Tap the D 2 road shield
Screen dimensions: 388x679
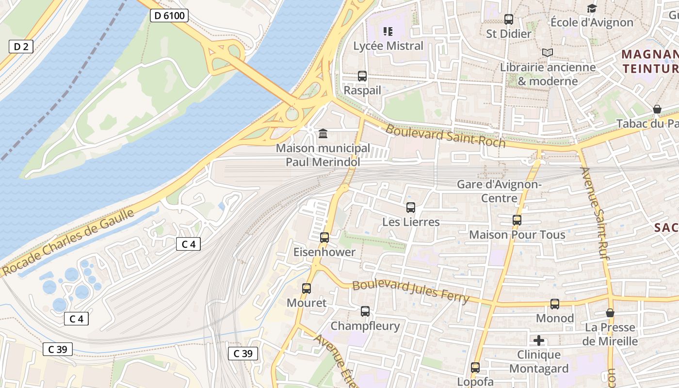21,47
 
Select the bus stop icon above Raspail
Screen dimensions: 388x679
362,76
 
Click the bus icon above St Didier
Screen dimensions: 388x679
509,19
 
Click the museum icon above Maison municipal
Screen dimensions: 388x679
323,133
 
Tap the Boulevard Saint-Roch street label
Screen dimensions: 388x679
445,136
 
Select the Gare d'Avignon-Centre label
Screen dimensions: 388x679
499,191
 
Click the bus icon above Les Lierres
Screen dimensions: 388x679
411,208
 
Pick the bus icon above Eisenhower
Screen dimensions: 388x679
324,238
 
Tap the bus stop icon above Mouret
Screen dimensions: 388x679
307,289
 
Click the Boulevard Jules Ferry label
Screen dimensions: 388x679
411,292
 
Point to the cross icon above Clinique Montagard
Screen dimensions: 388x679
539,340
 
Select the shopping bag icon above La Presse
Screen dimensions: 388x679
610,313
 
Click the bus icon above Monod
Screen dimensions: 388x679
555,304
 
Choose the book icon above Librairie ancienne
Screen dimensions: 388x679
548,52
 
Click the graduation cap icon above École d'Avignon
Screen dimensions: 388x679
592,8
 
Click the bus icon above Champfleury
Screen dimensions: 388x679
365,311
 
